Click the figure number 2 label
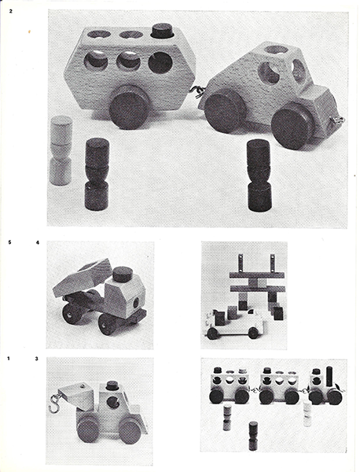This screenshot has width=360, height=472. [x=11, y=12]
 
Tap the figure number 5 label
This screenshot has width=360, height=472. [x=10, y=242]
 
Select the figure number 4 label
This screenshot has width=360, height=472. [x=37, y=242]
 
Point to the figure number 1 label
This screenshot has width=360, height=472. [x=9, y=359]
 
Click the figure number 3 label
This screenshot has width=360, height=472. [x=36, y=359]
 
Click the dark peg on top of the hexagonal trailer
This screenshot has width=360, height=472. [x=160, y=31]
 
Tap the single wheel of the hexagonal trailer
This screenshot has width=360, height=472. [x=130, y=107]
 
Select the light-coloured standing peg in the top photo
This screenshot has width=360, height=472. [x=61, y=150]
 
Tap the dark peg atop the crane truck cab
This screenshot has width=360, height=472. [x=112, y=385]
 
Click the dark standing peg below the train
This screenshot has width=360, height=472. [x=253, y=436]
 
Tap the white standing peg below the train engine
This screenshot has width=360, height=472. [x=307, y=414]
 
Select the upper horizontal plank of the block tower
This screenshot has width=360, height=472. [x=257, y=275]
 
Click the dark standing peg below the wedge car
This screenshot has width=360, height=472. [x=259, y=175]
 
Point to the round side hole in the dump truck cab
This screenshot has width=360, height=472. [x=136, y=302]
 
